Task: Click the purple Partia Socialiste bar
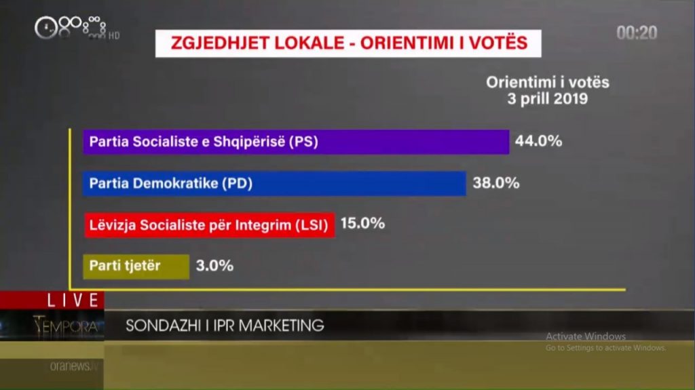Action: [296, 142]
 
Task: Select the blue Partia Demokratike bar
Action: [274, 183]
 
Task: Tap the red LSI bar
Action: [209, 225]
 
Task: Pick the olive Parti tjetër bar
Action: [136, 266]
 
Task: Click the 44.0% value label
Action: [539, 142]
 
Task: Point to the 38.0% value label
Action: [496, 182]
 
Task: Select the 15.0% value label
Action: [362, 223]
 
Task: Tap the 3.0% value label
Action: [214, 265]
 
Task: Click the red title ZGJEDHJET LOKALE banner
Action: [349, 43]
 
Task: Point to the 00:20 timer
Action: [637, 33]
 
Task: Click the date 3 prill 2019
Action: [548, 98]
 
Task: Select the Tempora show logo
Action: [68, 326]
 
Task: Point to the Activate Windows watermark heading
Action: [586, 336]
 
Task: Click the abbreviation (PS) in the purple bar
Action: [303, 142]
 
